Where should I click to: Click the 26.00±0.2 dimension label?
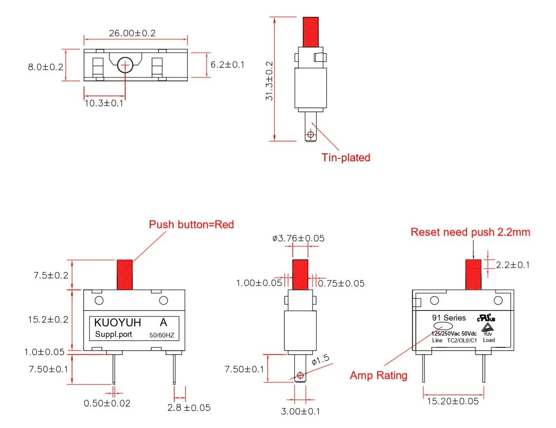point(132,33)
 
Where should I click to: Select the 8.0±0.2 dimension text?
point(45,67)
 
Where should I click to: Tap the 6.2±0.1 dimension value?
point(227,65)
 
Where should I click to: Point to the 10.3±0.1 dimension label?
point(104,103)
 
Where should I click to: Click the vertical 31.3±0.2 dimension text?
point(269,81)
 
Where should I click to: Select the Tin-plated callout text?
point(346,158)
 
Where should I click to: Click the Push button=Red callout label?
point(191,225)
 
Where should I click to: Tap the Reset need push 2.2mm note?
point(470,232)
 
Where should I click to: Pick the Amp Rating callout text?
point(378,375)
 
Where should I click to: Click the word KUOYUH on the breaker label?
point(117,323)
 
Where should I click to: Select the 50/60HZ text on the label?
point(162,335)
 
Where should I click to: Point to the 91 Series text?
point(448,318)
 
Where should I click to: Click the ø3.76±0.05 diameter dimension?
point(298,239)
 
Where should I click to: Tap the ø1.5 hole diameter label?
point(320,360)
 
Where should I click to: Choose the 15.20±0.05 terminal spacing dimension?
point(453,401)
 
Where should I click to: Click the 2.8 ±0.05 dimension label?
point(189,407)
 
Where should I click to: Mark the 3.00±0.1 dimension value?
point(300,412)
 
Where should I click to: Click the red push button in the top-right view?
point(310,32)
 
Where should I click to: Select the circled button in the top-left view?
point(125,65)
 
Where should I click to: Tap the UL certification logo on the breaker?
point(486,318)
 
